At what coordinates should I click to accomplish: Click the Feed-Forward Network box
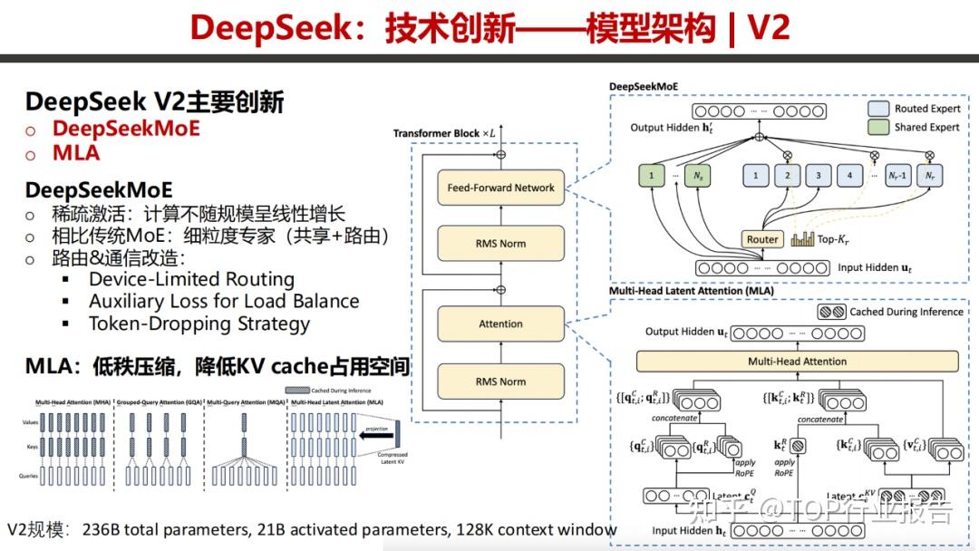(500, 188)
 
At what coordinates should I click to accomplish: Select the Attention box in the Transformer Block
(500, 324)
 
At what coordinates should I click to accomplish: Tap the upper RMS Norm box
(500, 243)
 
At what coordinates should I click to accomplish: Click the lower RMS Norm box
(500, 382)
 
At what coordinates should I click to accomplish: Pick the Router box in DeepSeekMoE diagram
(762, 239)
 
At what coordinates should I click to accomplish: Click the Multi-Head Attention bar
(797, 361)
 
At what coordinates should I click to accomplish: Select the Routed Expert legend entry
(915, 109)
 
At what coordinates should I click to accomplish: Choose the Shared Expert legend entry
(915, 127)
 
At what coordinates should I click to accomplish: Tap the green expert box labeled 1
(652, 175)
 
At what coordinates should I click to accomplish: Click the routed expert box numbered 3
(818, 175)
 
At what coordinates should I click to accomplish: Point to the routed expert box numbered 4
(849, 175)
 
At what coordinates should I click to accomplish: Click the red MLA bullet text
(76, 153)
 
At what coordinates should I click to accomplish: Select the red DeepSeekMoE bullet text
(125, 129)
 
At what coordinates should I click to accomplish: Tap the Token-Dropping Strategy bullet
(199, 324)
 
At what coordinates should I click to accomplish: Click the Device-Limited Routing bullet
(190, 279)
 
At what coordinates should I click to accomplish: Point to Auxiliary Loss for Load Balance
(223, 302)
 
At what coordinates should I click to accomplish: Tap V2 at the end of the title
(768, 28)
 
